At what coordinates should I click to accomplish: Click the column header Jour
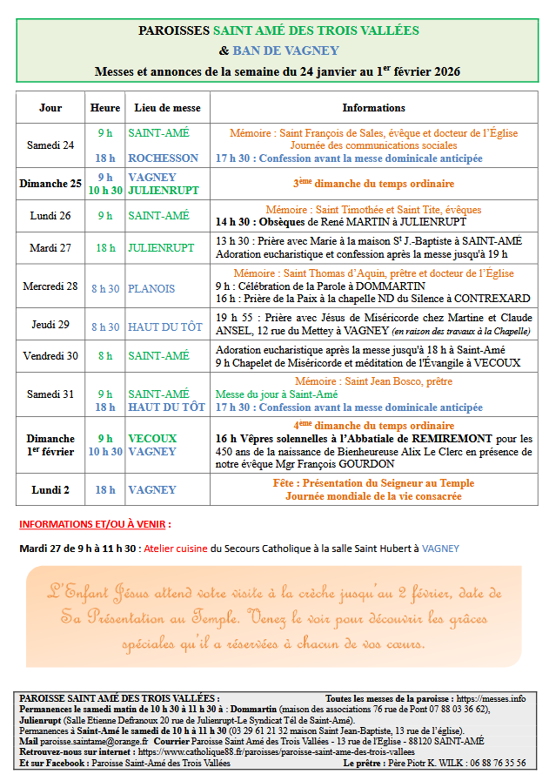(50, 108)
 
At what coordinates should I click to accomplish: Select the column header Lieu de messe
(167, 108)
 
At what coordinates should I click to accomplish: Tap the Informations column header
(373, 108)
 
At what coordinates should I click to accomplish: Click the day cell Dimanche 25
(50, 184)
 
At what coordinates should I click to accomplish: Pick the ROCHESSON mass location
(163, 158)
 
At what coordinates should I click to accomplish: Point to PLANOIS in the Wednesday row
(151, 288)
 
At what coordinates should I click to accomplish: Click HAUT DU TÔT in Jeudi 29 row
(166, 327)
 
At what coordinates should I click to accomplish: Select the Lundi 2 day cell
(50, 490)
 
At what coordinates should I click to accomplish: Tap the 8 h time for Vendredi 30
(105, 356)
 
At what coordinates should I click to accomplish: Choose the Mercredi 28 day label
(50, 286)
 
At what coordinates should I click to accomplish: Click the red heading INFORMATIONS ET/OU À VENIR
(94, 525)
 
